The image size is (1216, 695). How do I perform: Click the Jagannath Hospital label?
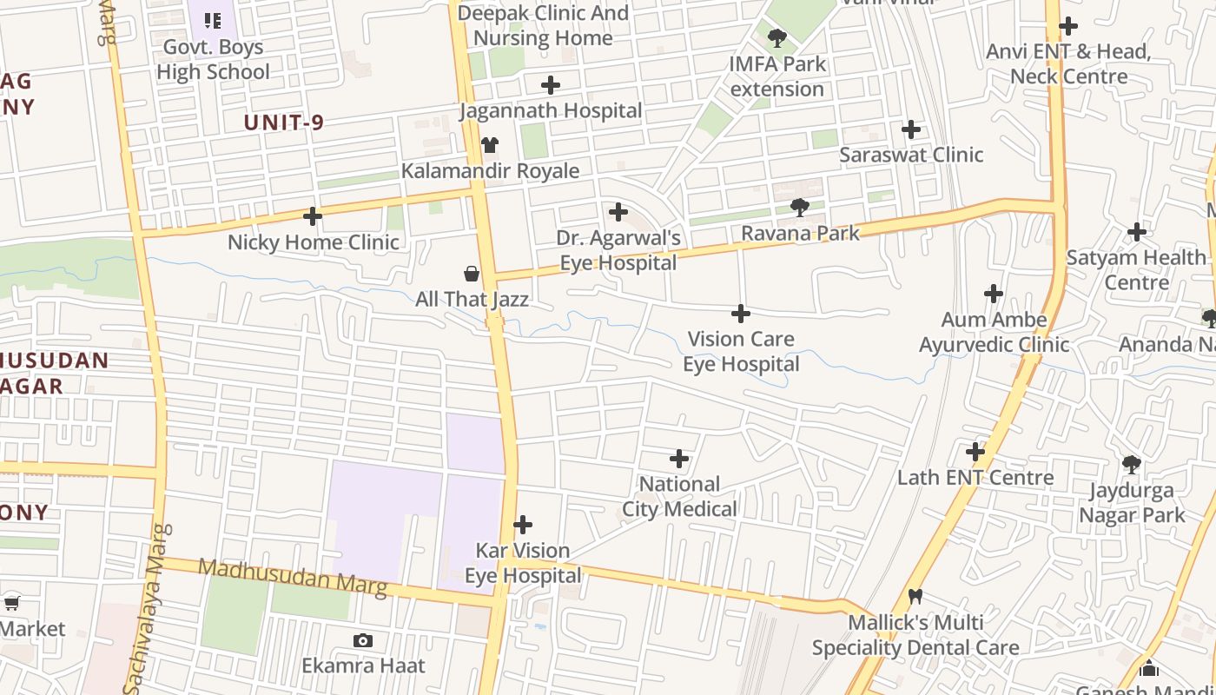click(x=551, y=110)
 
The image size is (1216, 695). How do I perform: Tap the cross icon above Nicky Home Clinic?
click(x=313, y=216)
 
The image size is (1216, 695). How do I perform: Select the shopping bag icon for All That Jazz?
click(x=472, y=275)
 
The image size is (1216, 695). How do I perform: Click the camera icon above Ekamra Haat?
click(x=363, y=641)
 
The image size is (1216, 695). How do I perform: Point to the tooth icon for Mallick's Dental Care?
click(x=915, y=597)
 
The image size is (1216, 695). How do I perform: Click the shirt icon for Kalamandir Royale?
click(x=490, y=145)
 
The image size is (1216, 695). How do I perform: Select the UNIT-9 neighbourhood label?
click(x=284, y=122)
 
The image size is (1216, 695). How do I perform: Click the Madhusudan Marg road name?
click(x=293, y=578)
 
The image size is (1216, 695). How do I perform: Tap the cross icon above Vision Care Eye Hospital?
click(x=741, y=313)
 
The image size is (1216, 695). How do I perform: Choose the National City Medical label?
click(x=679, y=496)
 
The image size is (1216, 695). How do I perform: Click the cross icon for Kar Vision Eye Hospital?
click(x=523, y=525)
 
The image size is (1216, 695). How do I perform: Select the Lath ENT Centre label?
click(x=975, y=477)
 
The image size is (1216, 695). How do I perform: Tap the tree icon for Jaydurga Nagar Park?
click(x=1131, y=465)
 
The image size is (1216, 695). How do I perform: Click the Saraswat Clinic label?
click(x=911, y=155)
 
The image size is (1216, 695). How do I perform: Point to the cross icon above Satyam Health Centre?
click(x=1136, y=232)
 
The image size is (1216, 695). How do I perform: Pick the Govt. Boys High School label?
click(x=214, y=59)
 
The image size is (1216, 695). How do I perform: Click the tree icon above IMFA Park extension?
click(x=777, y=38)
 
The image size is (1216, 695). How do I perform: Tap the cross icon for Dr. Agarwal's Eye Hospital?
click(x=618, y=212)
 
